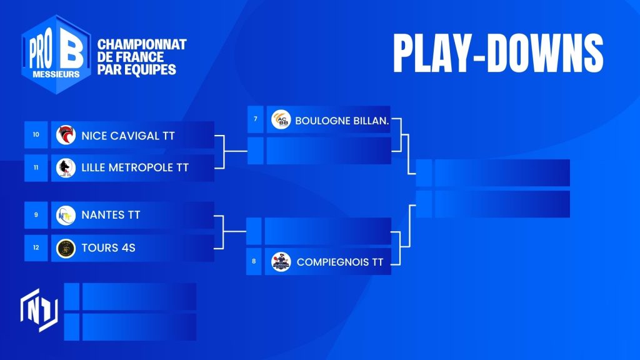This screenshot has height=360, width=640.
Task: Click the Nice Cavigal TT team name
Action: point(127,136)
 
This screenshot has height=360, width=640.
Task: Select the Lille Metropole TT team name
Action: point(135,167)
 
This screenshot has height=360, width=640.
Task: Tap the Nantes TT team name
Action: point(111,215)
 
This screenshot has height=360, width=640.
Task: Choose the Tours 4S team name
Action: point(108,247)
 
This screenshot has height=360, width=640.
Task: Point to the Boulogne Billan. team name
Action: point(342,121)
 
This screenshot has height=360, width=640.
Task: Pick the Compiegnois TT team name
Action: point(339,262)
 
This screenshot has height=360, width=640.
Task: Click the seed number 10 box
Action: point(36,135)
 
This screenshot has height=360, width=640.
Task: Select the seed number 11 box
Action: point(36,167)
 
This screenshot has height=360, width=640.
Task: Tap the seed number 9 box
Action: point(36,215)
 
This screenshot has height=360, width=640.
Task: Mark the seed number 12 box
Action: point(36,247)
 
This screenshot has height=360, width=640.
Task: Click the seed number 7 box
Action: point(256,119)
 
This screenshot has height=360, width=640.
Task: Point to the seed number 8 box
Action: point(254,261)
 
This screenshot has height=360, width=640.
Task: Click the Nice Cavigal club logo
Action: point(66,135)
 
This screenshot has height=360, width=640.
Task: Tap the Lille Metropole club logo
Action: point(66,167)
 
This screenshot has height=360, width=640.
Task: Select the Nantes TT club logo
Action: point(66,215)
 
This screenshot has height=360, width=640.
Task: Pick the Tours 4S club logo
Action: point(66,248)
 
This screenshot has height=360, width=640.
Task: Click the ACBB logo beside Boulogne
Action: point(281,119)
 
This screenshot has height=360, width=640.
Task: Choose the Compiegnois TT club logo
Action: point(281,262)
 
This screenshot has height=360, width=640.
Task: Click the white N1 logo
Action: point(39,310)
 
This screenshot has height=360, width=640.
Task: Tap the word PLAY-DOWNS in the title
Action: point(498,54)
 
